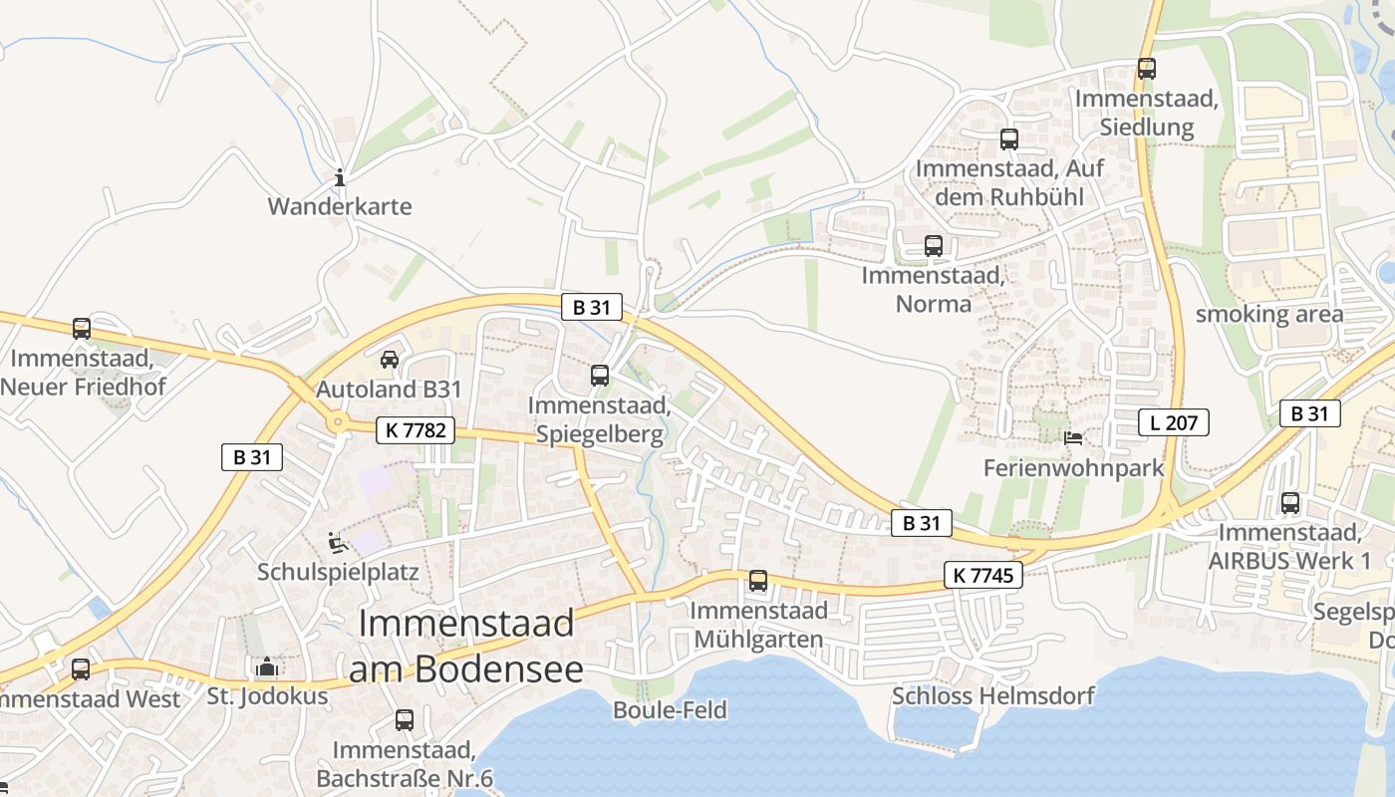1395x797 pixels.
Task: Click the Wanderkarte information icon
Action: pos(340,178)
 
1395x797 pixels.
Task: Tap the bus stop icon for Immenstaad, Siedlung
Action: pos(1147,69)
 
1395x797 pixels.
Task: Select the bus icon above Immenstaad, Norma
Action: pos(934,245)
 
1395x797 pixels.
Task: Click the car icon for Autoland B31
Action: pos(390,359)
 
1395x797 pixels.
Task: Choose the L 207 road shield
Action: pos(1174,422)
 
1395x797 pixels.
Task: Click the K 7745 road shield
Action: pos(983,575)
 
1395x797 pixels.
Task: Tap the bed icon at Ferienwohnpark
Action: pos(1073,437)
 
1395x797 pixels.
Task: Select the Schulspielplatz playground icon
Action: pos(338,543)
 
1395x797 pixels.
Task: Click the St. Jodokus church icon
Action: pos(267,667)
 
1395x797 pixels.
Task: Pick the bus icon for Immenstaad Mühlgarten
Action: pos(758,580)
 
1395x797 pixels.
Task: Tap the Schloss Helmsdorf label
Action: pos(993,695)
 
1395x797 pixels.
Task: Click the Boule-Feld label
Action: pos(670,710)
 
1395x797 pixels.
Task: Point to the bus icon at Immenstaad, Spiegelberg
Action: pos(600,376)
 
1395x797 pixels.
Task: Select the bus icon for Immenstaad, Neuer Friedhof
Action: pos(82,328)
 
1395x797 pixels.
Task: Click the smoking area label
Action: pos(1269,315)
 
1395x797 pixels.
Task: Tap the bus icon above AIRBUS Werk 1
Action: pos(1290,503)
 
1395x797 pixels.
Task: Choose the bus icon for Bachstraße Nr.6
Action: pos(405,719)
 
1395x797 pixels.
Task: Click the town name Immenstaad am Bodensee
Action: pos(466,646)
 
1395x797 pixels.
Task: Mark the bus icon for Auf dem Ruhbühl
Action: pos(1009,139)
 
